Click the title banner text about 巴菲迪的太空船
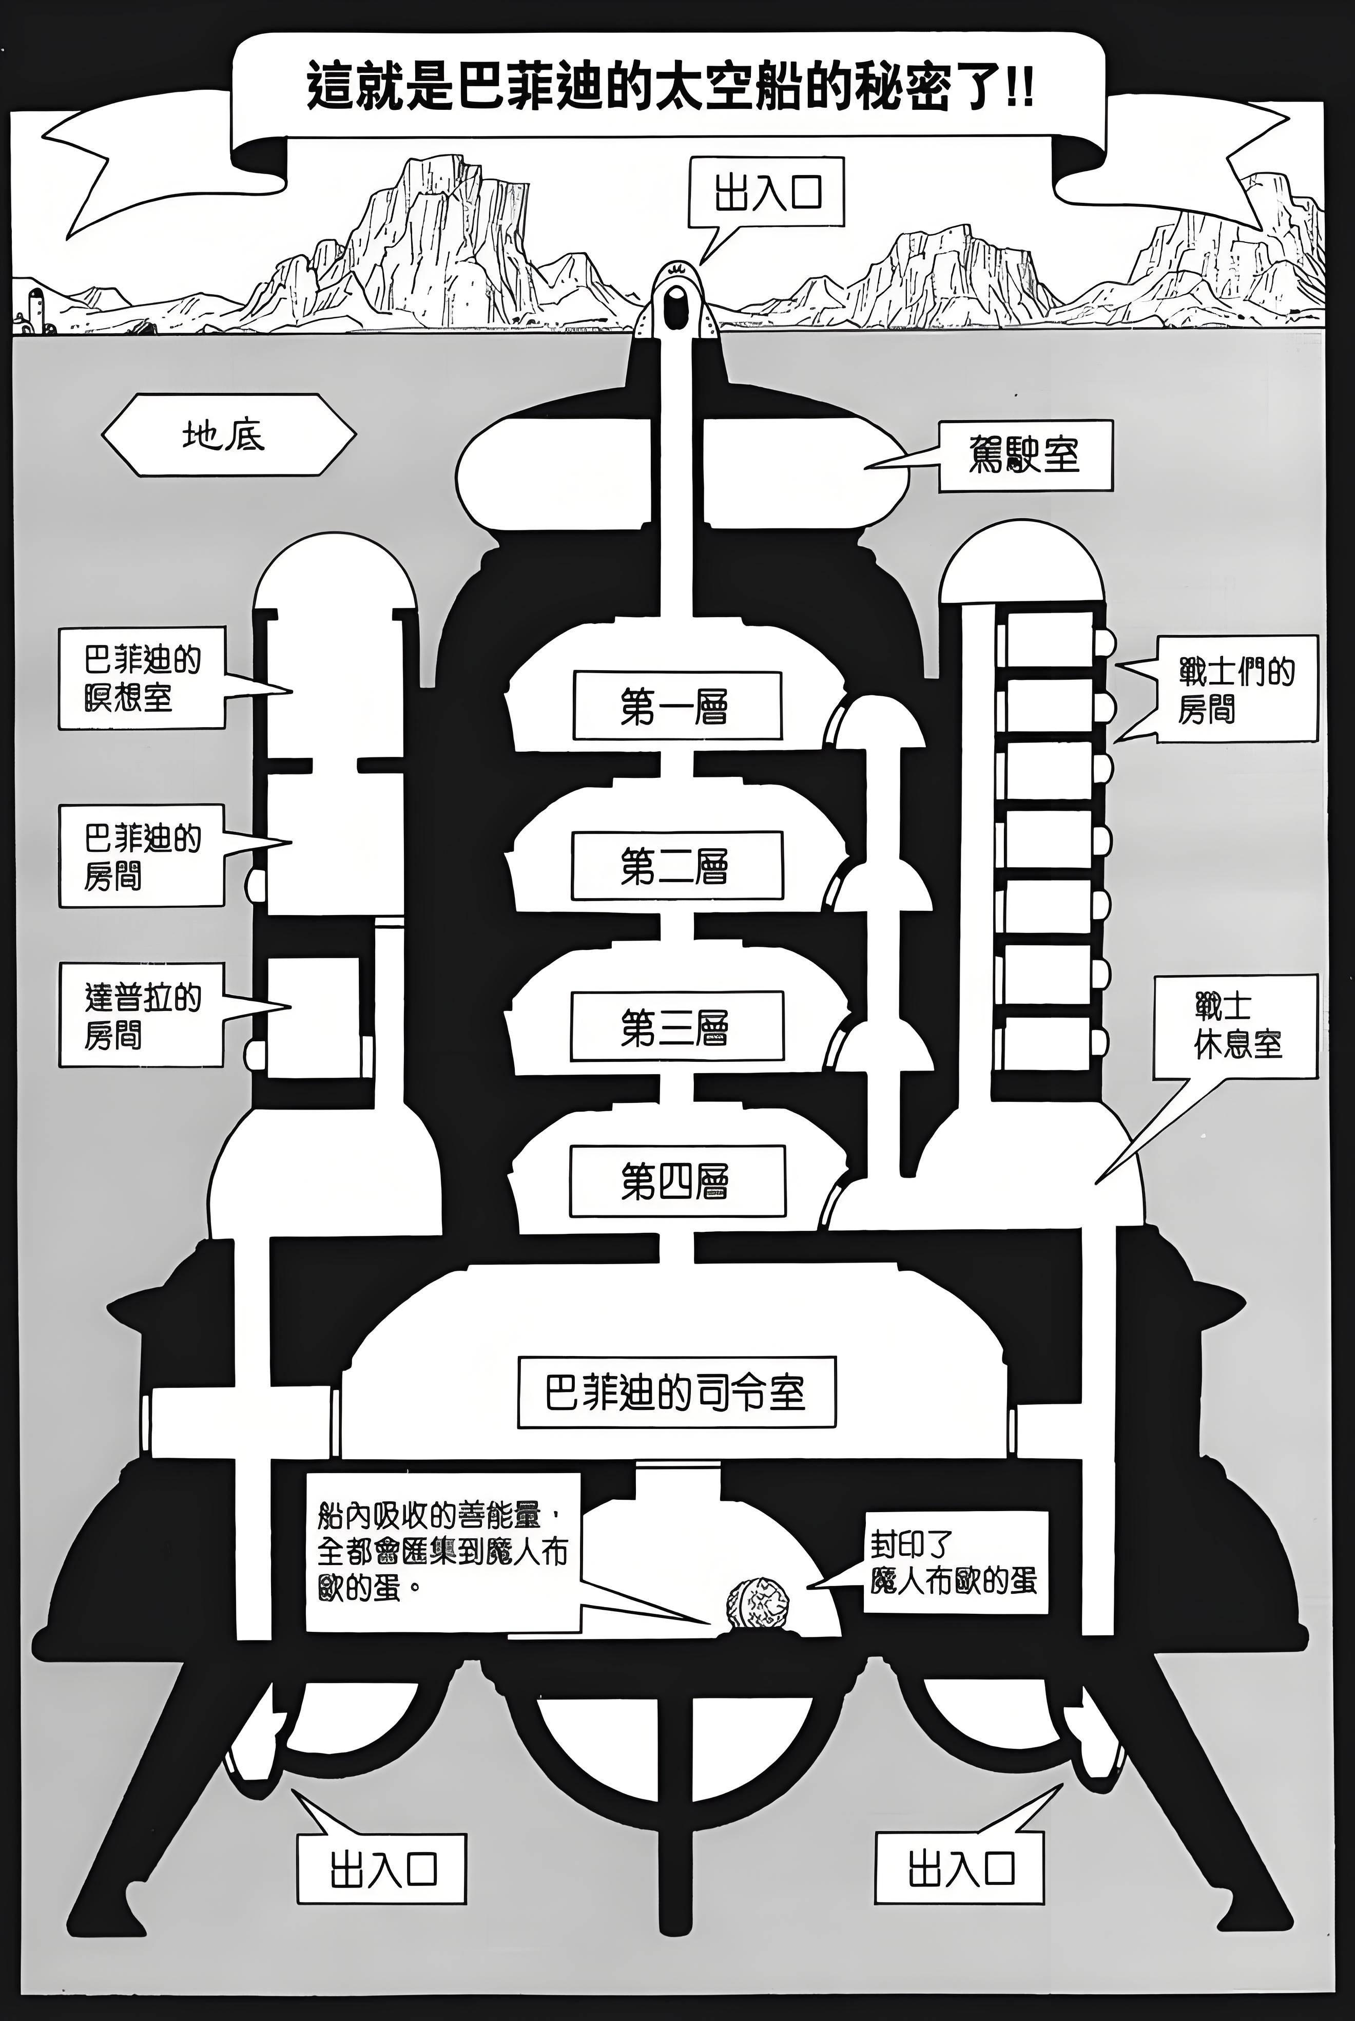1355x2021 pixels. [x=670, y=88]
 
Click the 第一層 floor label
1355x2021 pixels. [x=676, y=706]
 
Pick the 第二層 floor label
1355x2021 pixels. [x=676, y=865]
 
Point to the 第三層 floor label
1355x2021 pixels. [x=676, y=1026]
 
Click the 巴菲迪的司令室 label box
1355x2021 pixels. [x=676, y=1391]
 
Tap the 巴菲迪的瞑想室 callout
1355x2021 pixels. [x=142, y=679]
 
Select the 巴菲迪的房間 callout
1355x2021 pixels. [x=142, y=856]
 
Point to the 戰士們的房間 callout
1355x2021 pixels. [x=1236, y=689]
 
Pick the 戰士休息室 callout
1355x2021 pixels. [x=1236, y=1026]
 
